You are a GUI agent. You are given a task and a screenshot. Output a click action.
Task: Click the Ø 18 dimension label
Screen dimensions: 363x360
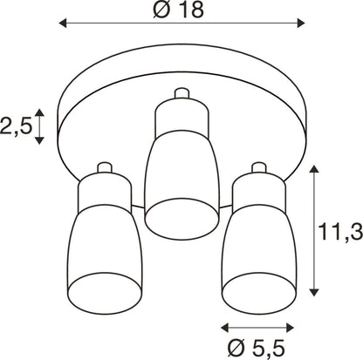click(179, 10)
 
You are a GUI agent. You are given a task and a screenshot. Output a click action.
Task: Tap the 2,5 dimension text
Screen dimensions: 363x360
click(16, 126)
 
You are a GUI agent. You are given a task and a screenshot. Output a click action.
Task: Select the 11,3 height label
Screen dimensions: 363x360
click(340, 232)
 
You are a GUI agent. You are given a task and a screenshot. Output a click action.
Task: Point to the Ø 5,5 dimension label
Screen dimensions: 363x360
click(256, 348)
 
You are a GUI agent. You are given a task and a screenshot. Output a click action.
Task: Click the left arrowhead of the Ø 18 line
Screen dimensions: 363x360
click(63, 23)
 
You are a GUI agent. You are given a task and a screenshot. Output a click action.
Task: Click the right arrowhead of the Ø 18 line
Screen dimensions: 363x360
click(301, 23)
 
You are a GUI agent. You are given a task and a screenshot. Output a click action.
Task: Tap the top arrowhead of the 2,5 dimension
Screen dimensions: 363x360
click(39, 112)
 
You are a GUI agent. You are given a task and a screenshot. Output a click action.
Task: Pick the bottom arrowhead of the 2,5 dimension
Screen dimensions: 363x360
click(39, 140)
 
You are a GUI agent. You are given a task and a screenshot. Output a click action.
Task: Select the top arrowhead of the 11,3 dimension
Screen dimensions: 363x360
click(313, 169)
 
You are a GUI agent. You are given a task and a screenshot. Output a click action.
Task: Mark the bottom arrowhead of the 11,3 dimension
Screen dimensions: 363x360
click(313, 292)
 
